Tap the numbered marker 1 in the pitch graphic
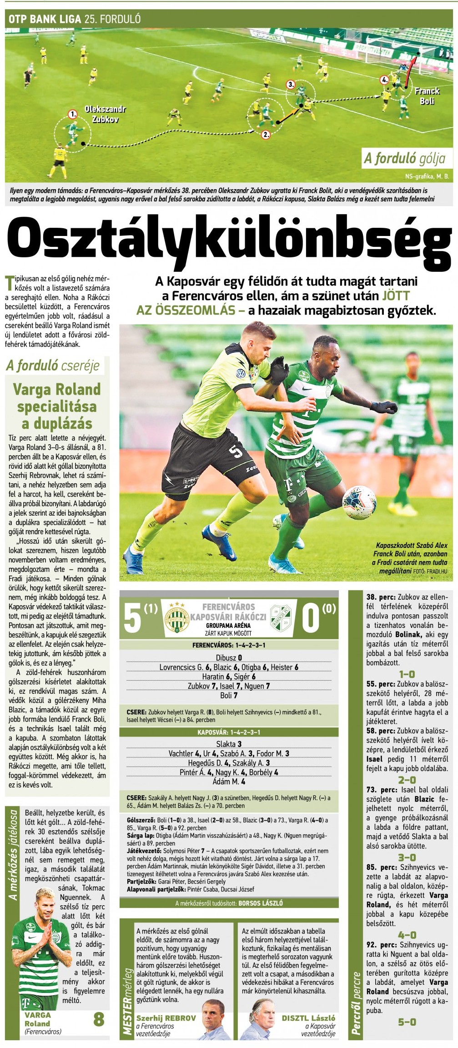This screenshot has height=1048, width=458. pos(73,114)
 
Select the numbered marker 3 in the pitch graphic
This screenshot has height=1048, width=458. pos(291,84)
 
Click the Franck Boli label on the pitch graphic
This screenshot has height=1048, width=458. pos(427,96)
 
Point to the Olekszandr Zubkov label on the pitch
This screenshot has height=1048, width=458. pos(105,114)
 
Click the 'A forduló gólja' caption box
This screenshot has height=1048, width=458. pos(404,158)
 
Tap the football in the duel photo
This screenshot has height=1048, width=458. pos(359,503)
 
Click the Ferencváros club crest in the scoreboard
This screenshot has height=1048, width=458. pos(177,617)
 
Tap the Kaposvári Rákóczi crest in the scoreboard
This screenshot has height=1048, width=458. pos(281,617)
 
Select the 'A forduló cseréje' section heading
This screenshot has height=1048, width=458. pos(53,366)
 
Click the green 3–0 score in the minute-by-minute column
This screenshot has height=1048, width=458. pos(407,857)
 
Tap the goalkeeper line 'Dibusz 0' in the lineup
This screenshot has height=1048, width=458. pos(229,657)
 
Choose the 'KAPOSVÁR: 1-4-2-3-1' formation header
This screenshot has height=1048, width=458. pos(229,732)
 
